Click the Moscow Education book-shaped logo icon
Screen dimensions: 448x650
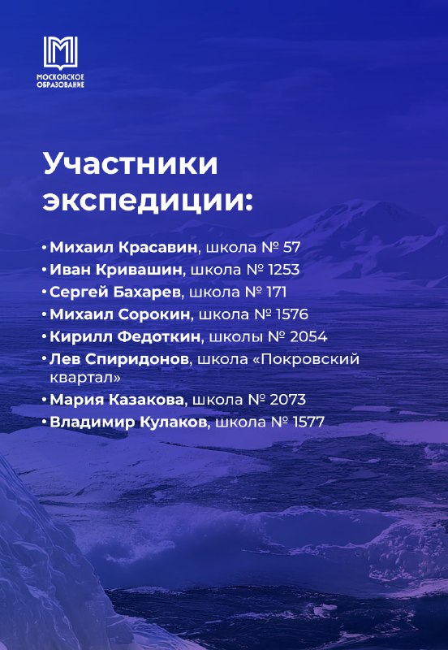coord(60,53)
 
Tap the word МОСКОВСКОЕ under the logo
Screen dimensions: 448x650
coord(60,77)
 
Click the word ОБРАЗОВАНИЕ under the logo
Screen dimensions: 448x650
coord(60,84)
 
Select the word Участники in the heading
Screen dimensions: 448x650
coord(131,165)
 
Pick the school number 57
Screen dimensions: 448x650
coord(291,248)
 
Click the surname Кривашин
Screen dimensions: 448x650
coord(139,270)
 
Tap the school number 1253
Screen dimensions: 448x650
coord(283,270)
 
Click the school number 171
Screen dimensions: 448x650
coord(277,292)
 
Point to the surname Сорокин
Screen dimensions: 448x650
coord(154,314)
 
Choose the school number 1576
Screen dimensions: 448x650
coord(292,314)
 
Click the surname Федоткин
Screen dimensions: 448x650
coord(159,336)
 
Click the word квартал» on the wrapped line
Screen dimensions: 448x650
coord(86,378)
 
